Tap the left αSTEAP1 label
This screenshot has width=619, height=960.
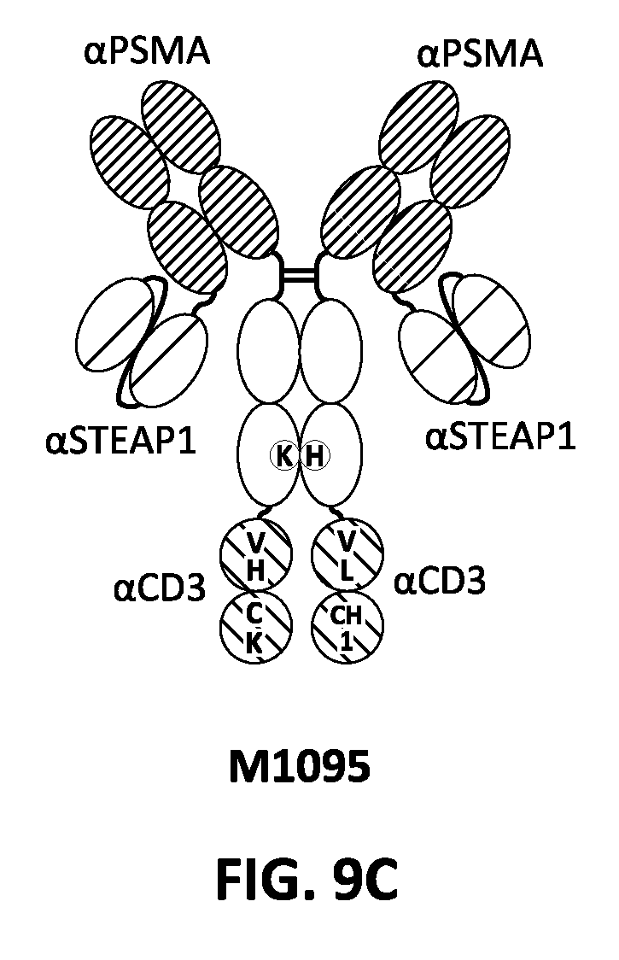point(120,441)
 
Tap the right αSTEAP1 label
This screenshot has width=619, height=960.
point(500,438)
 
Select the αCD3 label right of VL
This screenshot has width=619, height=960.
point(439,581)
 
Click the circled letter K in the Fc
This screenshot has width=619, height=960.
point(284,456)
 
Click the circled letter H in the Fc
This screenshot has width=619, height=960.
point(315,456)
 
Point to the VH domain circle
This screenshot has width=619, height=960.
point(256,554)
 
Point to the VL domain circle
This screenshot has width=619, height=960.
point(347,554)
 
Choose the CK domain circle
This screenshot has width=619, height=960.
point(256,627)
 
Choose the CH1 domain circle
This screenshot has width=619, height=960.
point(347,627)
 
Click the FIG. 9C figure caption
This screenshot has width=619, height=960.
point(307,879)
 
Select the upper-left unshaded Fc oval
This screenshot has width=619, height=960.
point(268,351)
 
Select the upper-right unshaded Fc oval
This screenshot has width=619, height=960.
point(331,351)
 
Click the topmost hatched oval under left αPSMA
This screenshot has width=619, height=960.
point(181,127)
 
